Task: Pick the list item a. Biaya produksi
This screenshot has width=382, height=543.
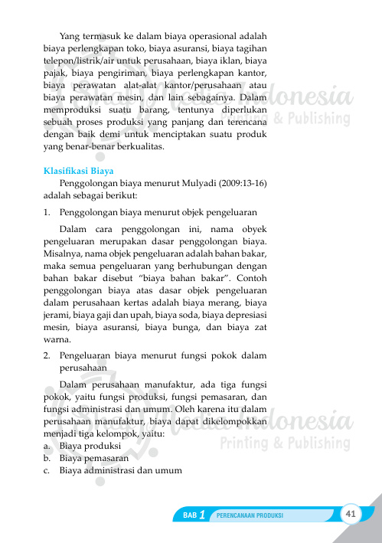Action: click(80, 446)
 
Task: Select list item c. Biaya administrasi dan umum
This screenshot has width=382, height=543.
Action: click(113, 470)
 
